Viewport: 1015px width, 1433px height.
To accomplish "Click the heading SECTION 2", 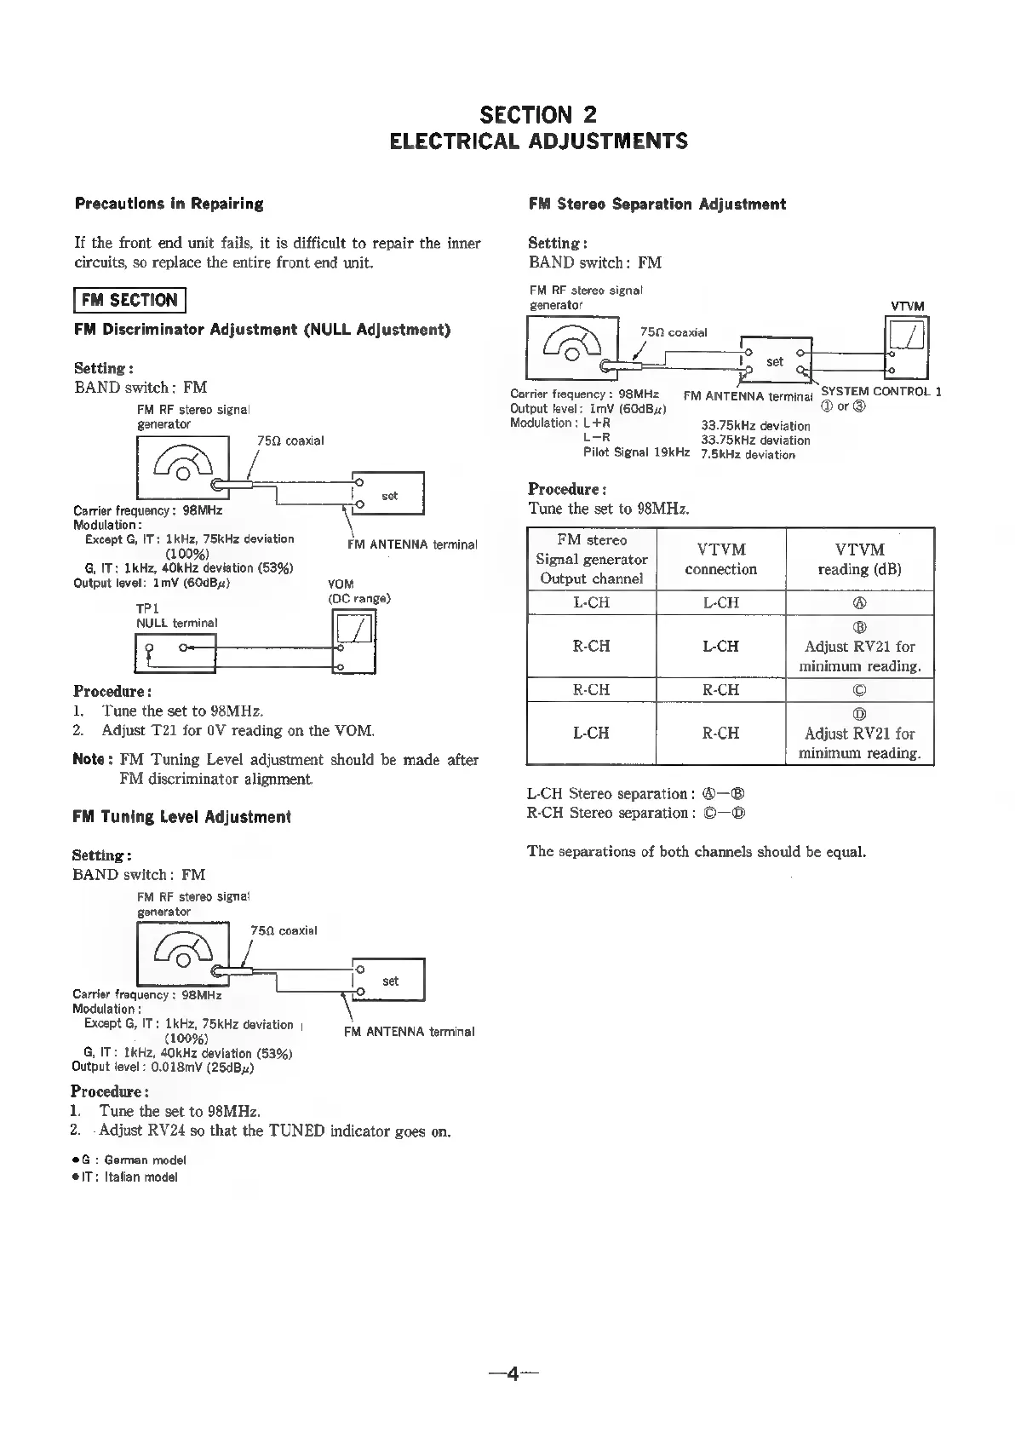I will click(538, 115).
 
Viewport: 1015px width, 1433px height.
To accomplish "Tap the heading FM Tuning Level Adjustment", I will click(182, 817).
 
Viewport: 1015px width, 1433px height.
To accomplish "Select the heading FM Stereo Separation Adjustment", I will click(657, 204).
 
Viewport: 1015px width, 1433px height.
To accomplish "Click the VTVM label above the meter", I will click(907, 307).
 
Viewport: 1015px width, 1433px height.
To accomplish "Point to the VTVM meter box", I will click(907, 348).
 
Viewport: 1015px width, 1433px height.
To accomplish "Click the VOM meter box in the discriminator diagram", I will click(353, 642).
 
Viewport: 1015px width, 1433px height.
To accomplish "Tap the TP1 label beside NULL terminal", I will click(148, 609).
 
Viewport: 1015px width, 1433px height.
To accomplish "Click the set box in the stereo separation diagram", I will click(775, 360).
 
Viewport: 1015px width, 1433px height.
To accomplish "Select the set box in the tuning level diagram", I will click(390, 981).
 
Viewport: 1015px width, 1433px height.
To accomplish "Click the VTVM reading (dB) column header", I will click(859, 560).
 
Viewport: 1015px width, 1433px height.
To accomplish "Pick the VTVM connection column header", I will click(720, 560).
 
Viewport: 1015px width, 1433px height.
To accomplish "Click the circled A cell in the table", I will click(859, 603).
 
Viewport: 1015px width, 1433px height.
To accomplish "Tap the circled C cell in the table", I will click(859, 690).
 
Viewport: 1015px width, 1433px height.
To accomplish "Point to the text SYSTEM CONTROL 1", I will click(880, 392).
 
